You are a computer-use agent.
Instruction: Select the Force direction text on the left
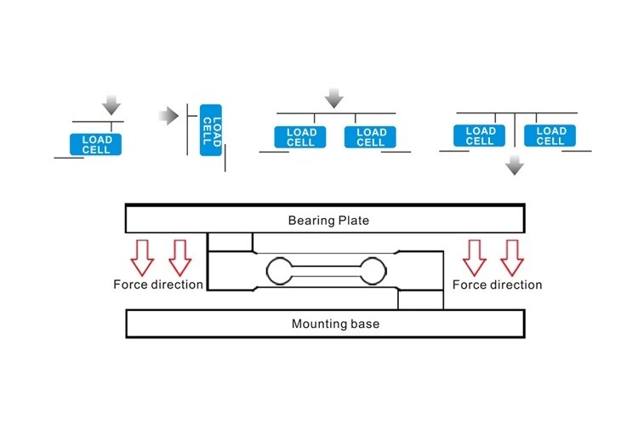click(x=158, y=285)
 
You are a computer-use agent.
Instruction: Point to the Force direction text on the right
click(x=498, y=285)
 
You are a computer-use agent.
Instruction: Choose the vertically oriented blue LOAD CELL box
click(x=210, y=130)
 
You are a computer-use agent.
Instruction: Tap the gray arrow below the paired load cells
click(x=514, y=165)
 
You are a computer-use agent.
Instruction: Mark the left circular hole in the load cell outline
click(x=280, y=272)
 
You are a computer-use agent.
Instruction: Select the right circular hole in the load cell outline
click(x=373, y=272)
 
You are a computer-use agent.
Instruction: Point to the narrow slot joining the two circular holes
click(x=327, y=272)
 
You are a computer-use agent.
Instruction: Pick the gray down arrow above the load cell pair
click(x=334, y=98)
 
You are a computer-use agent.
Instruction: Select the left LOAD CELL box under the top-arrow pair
click(x=301, y=137)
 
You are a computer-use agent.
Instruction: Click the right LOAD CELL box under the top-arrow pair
click(x=371, y=137)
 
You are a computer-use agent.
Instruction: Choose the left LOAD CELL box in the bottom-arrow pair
click(x=481, y=135)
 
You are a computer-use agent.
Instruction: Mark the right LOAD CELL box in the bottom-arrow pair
click(x=550, y=135)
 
